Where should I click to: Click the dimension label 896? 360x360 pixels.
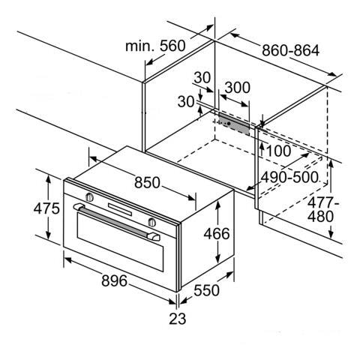114,280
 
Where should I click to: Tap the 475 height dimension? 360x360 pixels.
46,208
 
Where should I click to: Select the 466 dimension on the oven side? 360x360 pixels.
217,234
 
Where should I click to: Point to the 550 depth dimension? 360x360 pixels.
206,290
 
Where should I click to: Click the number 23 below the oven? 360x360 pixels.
178,319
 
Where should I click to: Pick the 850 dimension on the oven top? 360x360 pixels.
147,182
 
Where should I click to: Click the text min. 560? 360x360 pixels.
155,46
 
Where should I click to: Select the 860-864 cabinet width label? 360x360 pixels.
290,50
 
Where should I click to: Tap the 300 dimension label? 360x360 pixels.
237,88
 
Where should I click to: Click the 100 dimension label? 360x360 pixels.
279,151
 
